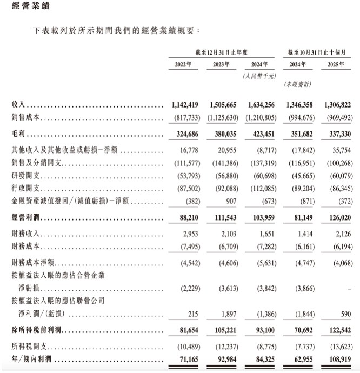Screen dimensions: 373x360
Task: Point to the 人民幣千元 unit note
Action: tap(258, 77)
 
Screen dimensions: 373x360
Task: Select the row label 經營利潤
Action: tap(26, 219)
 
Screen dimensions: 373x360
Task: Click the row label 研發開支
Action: tap(25, 176)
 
